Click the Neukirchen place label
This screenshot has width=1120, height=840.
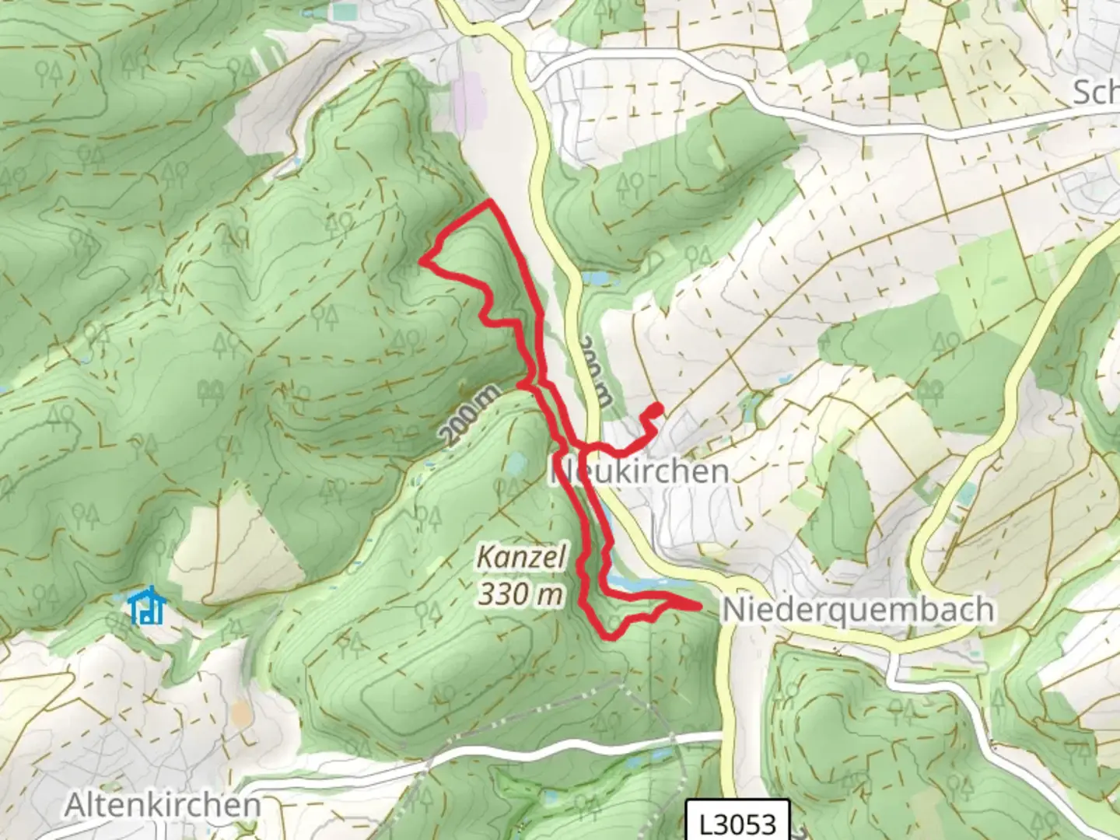pyautogui.click(x=640, y=471)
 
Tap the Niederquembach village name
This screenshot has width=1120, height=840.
pyautogui.click(x=858, y=610)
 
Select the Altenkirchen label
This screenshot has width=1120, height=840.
pyautogui.click(x=163, y=805)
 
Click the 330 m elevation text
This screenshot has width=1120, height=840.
pyautogui.click(x=520, y=595)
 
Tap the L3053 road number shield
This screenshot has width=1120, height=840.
pyautogui.click(x=738, y=822)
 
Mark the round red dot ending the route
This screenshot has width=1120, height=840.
pyautogui.click(x=657, y=408)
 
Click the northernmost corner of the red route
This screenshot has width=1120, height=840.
pyautogui.click(x=490, y=202)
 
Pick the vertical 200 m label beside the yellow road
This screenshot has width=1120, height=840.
pyautogui.click(x=597, y=370)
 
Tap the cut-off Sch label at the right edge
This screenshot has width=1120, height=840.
pyautogui.click(x=1097, y=93)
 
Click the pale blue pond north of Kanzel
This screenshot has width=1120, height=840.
pyautogui.click(x=516, y=464)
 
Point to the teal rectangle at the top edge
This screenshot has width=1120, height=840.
pyautogui.click(x=346, y=11)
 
